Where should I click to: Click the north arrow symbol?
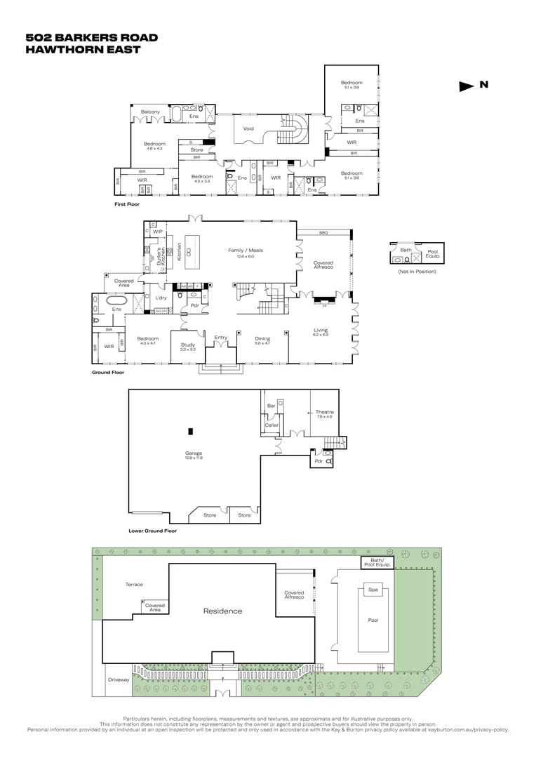click(x=467, y=86)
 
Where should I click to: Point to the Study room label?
click(x=187, y=345)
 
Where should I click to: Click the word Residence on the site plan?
click(x=222, y=611)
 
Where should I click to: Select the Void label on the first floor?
click(x=248, y=128)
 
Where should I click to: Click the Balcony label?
click(x=150, y=112)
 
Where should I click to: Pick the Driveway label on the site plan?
click(x=119, y=679)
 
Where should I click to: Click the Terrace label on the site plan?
click(x=134, y=584)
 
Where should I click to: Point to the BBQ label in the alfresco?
click(x=323, y=232)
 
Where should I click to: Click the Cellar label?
click(x=272, y=425)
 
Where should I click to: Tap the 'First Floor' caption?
click(x=127, y=204)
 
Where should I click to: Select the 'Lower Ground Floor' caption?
click(x=152, y=531)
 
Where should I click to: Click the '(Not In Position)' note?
click(x=417, y=271)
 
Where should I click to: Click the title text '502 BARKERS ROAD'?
click(x=91, y=38)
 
